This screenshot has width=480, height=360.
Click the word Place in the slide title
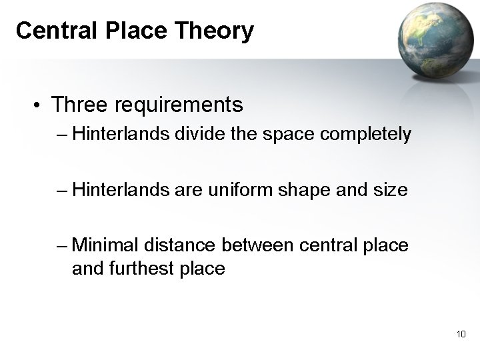tap(139, 31)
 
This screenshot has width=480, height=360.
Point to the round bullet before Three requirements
tap(41, 105)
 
